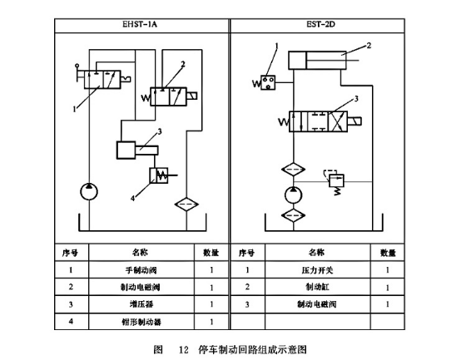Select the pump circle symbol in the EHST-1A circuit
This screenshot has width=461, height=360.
pos(89,192)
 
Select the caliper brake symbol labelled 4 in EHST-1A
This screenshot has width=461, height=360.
pos(160,175)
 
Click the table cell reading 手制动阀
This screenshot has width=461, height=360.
pos(139,270)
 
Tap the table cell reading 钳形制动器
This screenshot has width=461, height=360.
pos(139,321)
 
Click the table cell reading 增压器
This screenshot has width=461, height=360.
pos(139,304)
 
